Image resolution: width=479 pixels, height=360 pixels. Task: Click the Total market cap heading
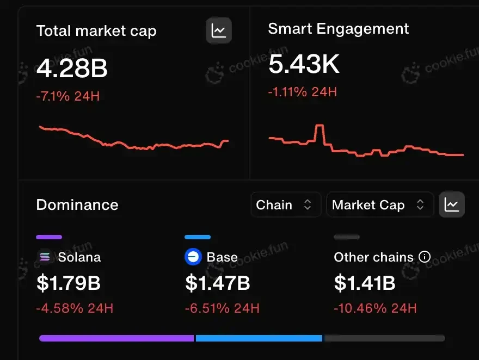96,31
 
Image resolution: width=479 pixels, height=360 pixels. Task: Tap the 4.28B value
72,69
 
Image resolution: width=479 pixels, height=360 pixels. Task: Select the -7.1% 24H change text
68,97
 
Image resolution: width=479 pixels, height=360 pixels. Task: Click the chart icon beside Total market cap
219,30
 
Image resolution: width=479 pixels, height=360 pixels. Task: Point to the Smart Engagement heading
338,29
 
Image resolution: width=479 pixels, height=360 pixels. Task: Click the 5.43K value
304,65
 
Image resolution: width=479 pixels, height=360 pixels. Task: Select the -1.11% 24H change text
302,92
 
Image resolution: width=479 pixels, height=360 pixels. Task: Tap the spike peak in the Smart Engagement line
320,127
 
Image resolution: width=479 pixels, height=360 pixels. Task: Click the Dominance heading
77,205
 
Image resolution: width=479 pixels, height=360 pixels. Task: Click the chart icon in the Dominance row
452,204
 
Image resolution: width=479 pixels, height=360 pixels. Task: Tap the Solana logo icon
45,257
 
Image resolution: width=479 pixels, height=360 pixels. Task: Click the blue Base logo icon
193,257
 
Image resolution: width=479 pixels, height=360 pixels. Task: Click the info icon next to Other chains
425,257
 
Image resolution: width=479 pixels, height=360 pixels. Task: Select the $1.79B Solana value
69,283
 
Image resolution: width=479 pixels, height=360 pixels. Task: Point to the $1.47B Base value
218,283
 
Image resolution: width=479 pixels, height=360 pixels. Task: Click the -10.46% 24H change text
375,309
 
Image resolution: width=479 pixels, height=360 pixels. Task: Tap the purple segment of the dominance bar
116,338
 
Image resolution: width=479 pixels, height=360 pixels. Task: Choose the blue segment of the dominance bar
259,338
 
